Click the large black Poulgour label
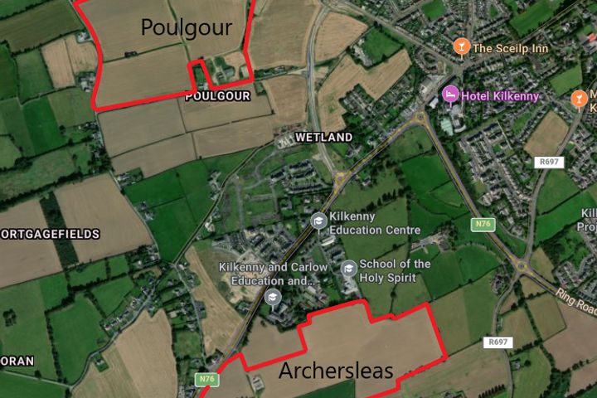pyautogui.click(x=186, y=27)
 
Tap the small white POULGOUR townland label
pyautogui.click(x=218, y=96)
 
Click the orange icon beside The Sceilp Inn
pyautogui.click(x=462, y=47)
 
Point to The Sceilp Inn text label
pyautogui.click(x=511, y=48)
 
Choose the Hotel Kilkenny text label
pyautogui.click(x=500, y=96)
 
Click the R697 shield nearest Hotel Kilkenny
pyautogui.click(x=550, y=162)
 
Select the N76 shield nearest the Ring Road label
pyautogui.click(x=482, y=224)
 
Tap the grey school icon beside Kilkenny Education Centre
pyautogui.click(x=318, y=221)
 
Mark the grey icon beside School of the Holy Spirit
pyautogui.click(x=349, y=268)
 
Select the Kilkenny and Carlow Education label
pyautogui.click(x=273, y=273)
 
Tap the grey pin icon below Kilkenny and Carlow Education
pyautogui.click(x=273, y=297)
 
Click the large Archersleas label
pyautogui.click(x=335, y=370)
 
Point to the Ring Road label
pyautogui.click(x=576, y=303)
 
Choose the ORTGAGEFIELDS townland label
pyautogui.click(x=50, y=235)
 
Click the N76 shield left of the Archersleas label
pyautogui.click(x=207, y=379)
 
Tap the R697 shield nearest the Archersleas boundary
pyautogui.click(x=498, y=342)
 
